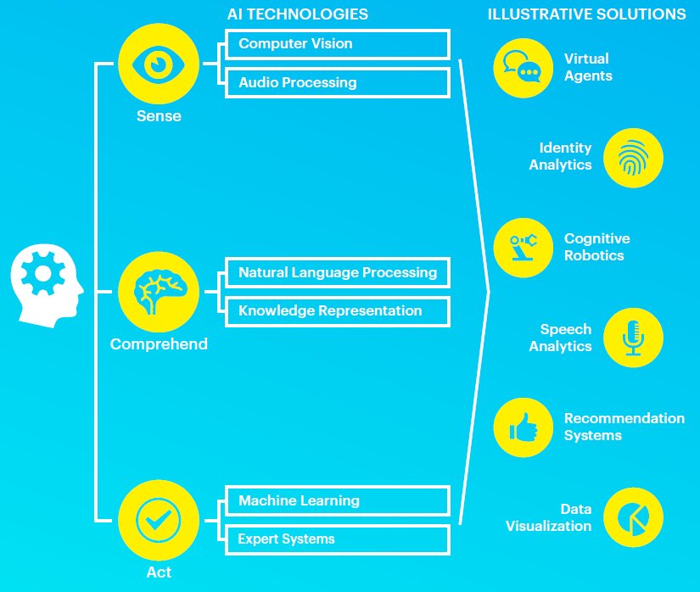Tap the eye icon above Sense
[159, 64]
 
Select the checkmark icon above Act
[159, 520]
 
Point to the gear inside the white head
[43, 273]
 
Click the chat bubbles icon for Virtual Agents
[523, 67]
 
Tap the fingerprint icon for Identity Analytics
[633, 158]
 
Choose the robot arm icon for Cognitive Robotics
[524, 247]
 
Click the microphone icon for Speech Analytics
[633, 338]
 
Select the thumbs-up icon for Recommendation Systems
[524, 427]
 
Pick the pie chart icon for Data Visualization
[633, 517]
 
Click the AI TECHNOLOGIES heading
[298, 14]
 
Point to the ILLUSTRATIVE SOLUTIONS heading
[586, 14]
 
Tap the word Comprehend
[159, 344]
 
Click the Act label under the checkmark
[159, 572]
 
